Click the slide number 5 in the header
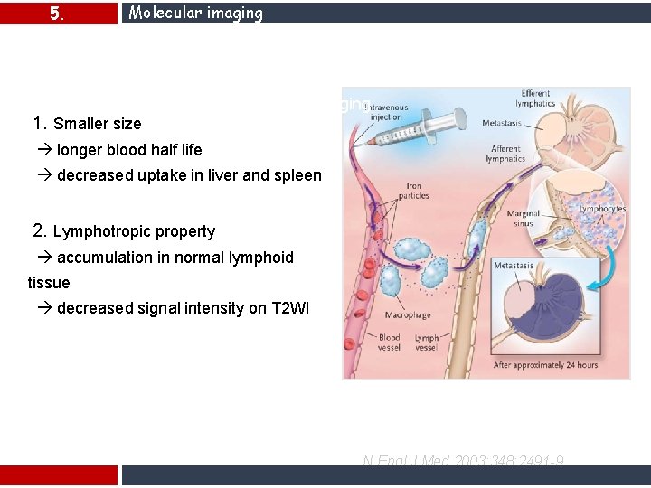click(x=56, y=14)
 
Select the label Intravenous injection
click(x=387, y=112)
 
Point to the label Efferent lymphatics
click(x=536, y=99)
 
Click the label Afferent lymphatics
click(x=505, y=154)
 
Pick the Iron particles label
click(x=413, y=191)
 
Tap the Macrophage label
click(x=408, y=315)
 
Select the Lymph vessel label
click(x=427, y=343)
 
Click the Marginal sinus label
click(x=524, y=219)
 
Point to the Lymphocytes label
click(x=602, y=209)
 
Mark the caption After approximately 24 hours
click(x=545, y=365)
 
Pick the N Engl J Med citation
click(x=463, y=462)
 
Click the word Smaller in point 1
click(x=80, y=124)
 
